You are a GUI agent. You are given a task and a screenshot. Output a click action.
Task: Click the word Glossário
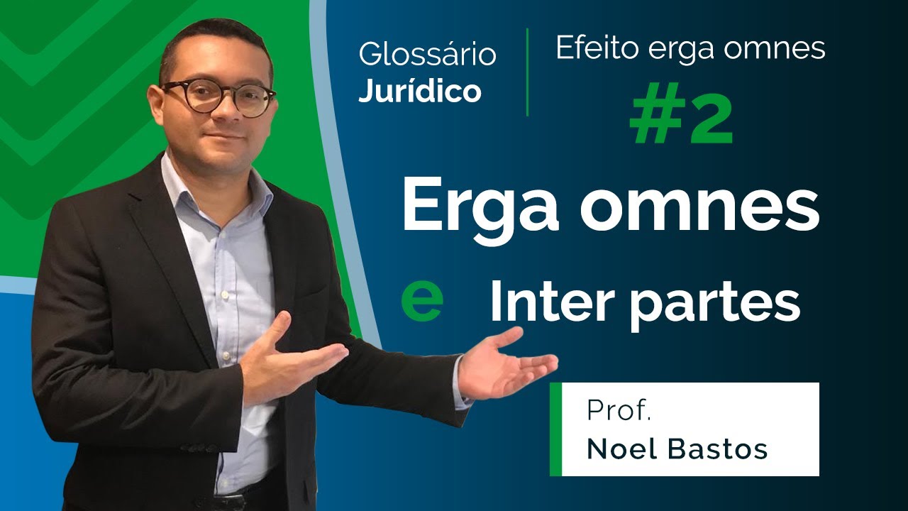(x=427, y=55)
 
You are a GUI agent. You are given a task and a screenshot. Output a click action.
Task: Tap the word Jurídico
(x=420, y=92)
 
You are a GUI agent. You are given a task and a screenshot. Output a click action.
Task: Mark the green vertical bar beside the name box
(x=555, y=429)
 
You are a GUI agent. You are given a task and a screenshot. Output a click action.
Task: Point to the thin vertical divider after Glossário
(x=527, y=72)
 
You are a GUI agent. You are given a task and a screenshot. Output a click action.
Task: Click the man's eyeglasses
(x=217, y=97)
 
